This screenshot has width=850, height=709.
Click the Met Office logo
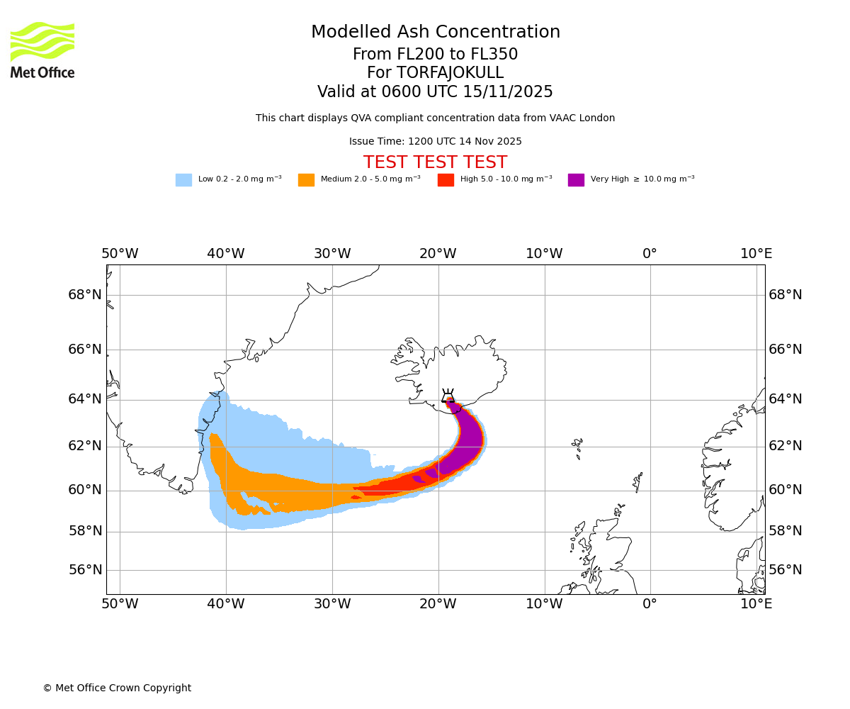click(42, 50)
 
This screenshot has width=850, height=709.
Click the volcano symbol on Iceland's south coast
click(448, 396)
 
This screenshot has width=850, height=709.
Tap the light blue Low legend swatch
click(183, 180)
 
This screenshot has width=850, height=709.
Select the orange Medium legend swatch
click(306, 180)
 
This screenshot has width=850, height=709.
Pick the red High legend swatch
click(446, 180)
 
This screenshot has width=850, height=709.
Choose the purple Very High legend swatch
click(576, 180)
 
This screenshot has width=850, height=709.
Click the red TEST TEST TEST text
click(435, 162)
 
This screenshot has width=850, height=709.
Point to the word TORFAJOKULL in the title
click(450, 73)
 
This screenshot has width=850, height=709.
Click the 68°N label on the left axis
click(85, 295)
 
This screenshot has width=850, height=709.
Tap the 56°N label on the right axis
click(786, 570)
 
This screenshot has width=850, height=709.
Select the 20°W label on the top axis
click(438, 254)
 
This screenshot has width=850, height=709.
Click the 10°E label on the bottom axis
click(756, 604)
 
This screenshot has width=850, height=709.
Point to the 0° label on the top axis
click(650, 254)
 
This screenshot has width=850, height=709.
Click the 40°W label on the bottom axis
click(226, 604)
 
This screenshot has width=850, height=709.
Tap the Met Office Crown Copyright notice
click(117, 688)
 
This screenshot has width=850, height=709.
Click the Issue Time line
click(435, 141)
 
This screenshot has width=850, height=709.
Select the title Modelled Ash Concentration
click(435, 32)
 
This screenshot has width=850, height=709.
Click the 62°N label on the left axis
click(85, 446)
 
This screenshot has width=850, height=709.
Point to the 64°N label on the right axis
click(786, 399)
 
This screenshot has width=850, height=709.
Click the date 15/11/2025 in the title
click(508, 92)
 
